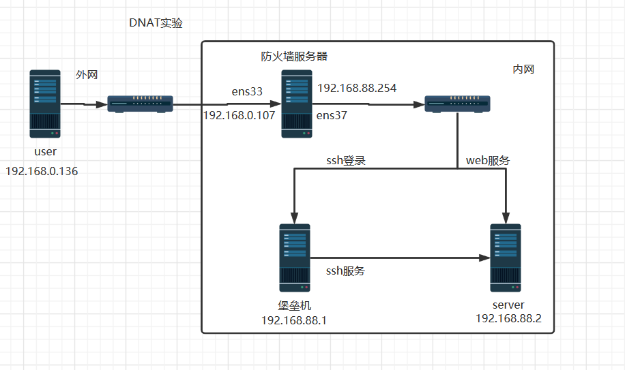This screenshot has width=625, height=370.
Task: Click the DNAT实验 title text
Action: pos(156,23)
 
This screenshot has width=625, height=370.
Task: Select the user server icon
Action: pos(45,103)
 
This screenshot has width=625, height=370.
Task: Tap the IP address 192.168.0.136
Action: pos(42,171)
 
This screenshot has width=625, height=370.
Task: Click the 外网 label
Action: pos(87,75)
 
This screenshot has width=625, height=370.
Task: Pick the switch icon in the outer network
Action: pos(141,104)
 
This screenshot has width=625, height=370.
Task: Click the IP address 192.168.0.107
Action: pos(239,115)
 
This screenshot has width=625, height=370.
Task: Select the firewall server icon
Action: pos(297,103)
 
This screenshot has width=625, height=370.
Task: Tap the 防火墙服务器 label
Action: pos(294,57)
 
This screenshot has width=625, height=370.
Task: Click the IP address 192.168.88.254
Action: pos(357,88)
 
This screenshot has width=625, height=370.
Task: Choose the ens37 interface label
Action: pos(332,116)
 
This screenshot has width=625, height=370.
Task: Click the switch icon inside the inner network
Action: pos(457,104)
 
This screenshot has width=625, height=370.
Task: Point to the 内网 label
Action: pos(523,70)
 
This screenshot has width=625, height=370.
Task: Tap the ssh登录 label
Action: pos(346,161)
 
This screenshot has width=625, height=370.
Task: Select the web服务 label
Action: pos(488,161)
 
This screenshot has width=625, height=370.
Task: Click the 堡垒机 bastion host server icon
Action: pos(295,258)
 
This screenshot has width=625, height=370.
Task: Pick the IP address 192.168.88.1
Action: pos(294,320)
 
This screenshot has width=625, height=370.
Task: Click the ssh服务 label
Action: pos(345,271)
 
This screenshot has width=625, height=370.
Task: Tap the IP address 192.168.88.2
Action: pos(508,318)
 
